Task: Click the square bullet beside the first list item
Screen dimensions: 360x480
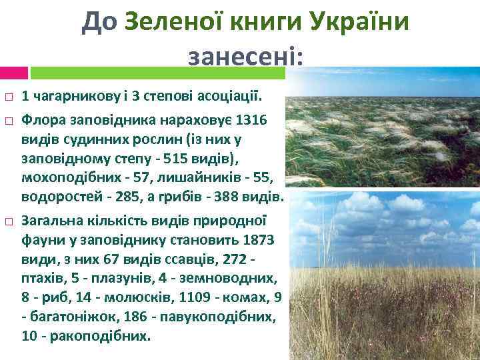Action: click(8, 98)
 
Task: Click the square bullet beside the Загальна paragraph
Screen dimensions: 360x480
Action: click(8, 220)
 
